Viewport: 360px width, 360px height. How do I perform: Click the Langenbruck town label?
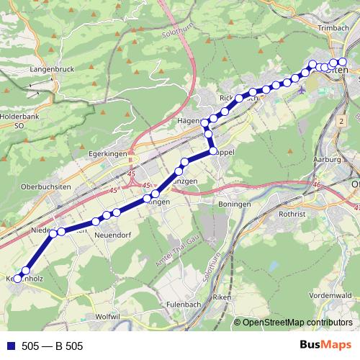pos(49,69)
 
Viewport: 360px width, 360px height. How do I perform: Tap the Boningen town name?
pos(235,204)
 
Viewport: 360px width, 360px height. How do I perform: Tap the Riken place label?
pos(220,297)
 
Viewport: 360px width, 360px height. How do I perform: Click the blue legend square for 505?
pos(12,346)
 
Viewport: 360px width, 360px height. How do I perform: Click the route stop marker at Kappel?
pos(213,150)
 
